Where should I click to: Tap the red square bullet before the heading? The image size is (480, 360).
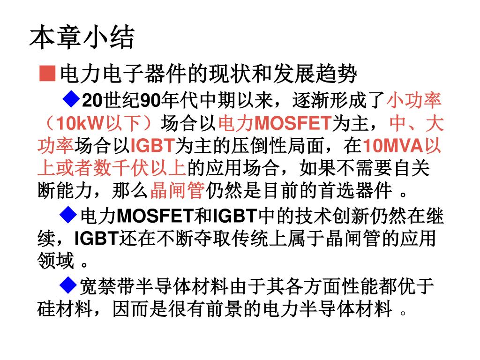point(46,73)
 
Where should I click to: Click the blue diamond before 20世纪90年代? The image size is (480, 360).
point(72,99)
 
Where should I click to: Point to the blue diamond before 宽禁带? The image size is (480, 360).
point(69,284)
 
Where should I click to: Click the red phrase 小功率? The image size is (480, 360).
point(413,100)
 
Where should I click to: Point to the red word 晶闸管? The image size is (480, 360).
point(177,191)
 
